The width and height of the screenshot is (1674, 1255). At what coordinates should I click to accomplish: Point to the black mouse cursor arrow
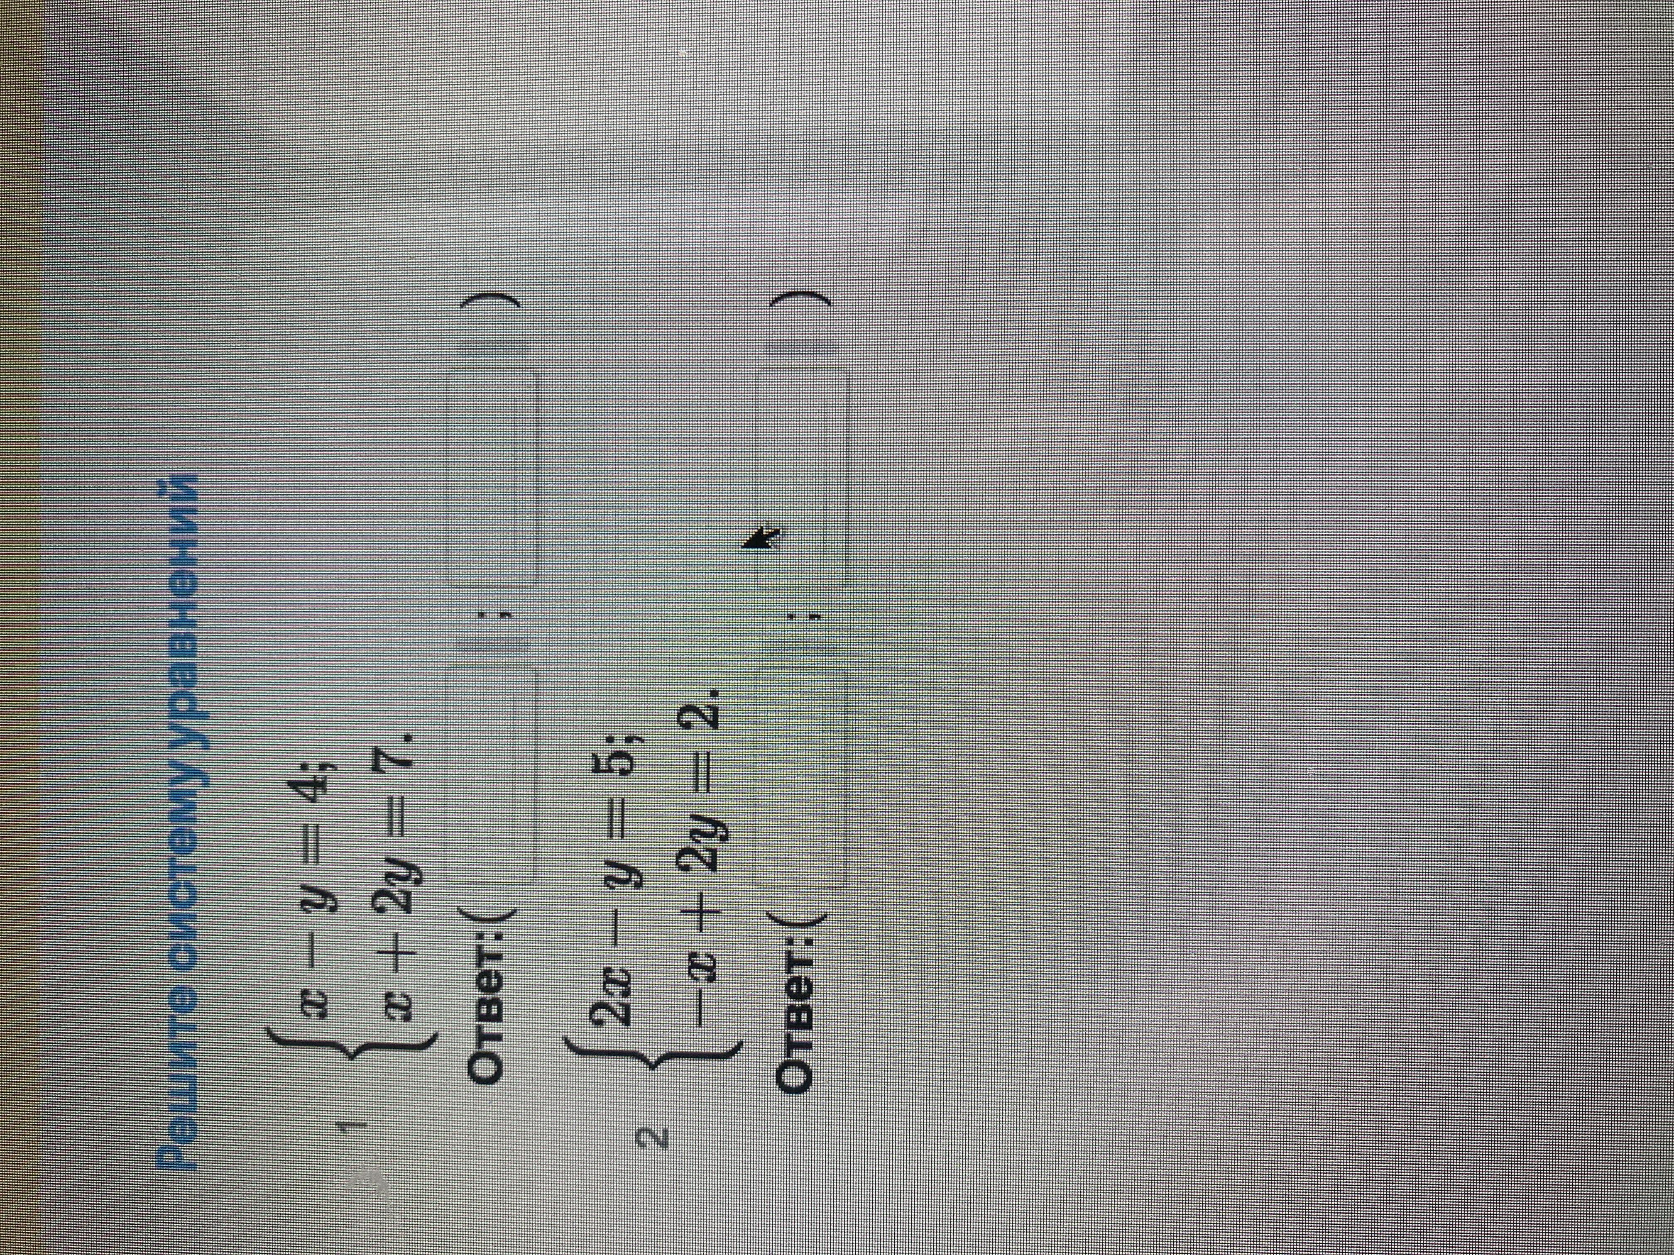click(763, 539)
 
